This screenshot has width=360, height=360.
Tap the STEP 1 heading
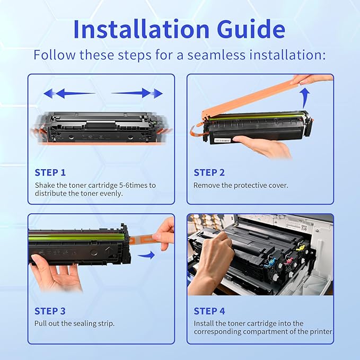[50, 172]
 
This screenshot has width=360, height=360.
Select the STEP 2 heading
[209, 172]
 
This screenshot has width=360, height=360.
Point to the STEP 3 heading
[50, 311]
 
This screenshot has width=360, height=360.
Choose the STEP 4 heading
[209, 311]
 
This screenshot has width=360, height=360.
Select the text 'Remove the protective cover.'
[241, 186]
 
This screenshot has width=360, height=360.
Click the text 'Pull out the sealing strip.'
[74, 323]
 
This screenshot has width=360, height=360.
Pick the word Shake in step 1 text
[45, 186]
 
